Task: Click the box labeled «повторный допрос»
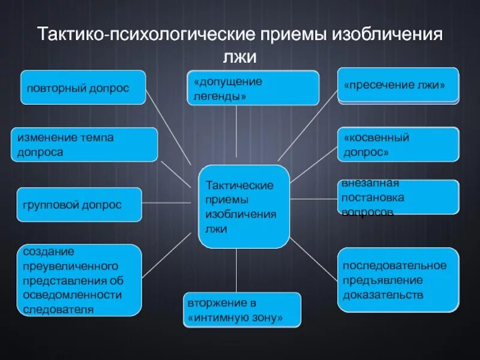83,88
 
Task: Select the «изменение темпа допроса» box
85,145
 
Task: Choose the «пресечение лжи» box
398,85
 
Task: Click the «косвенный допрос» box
398,145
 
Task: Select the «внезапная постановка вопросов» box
398,197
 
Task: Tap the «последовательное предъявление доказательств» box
398,280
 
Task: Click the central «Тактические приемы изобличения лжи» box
244,207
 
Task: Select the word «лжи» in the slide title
240,56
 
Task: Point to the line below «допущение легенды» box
236,135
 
